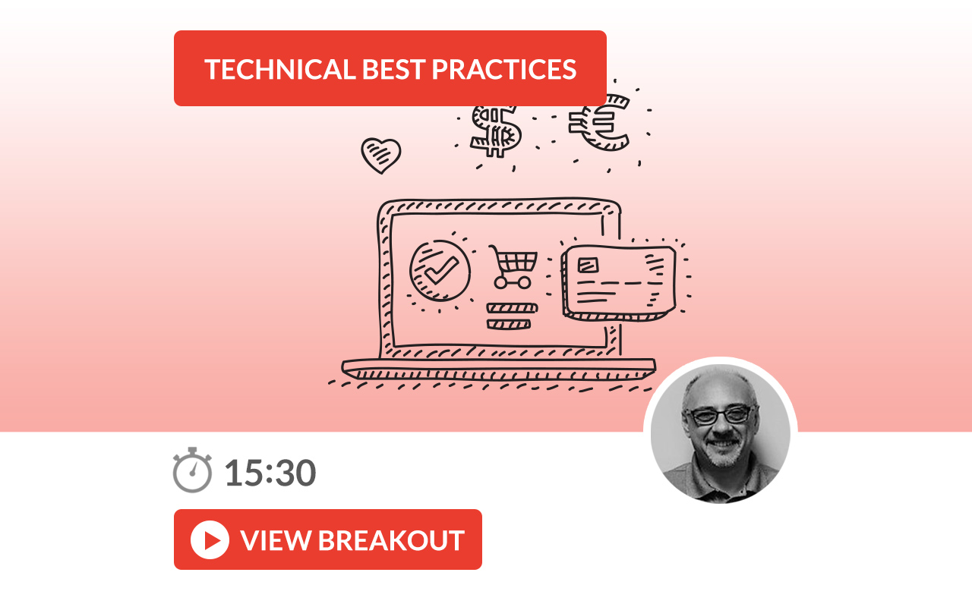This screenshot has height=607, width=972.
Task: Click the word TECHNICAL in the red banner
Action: tap(280, 69)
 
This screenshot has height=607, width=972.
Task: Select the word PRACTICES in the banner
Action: tap(503, 69)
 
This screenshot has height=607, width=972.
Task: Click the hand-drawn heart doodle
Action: tap(381, 156)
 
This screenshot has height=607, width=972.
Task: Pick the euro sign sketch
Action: tap(600, 122)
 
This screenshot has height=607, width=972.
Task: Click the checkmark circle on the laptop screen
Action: tap(440, 271)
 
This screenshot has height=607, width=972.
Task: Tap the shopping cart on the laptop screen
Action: tap(513, 267)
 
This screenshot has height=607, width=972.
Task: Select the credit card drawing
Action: tap(619, 283)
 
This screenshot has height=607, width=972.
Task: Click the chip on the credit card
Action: tap(588, 266)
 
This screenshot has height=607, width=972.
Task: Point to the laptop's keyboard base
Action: tap(499, 370)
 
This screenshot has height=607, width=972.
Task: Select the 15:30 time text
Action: tap(270, 473)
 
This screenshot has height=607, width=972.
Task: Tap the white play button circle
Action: tap(210, 539)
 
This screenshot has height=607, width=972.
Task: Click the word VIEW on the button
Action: tap(276, 540)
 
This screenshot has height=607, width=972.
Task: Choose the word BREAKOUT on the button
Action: tap(391, 540)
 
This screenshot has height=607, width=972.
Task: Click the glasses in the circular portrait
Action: tap(721, 415)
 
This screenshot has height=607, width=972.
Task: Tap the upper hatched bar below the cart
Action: tap(512, 308)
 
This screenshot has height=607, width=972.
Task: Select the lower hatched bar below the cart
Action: tap(509, 324)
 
